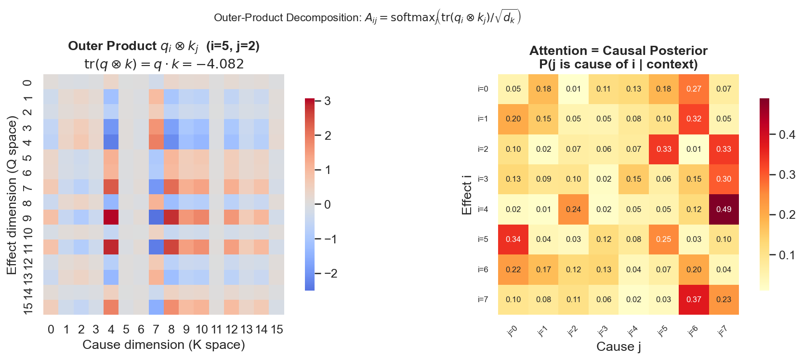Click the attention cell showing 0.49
[x=724, y=209]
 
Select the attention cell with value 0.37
[x=694, y=299]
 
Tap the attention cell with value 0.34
[x=513, y=239]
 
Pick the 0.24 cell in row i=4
[x=573, y=209]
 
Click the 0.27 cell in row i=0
[x=694, y=89]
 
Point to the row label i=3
[x=483, y=179]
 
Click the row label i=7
[x=483, y=299]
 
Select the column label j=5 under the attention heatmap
[x=663, y=331]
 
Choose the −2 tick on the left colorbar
[x=330, y=274]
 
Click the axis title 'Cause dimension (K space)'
[x=164, y=345]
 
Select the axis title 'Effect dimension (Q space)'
[x=12, y=195]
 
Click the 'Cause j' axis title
[x=619, y=347]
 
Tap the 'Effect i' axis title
[x=466, y=195]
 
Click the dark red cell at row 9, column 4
[x=111, y=217]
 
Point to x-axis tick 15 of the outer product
[x=276, y=330]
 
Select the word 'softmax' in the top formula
[x=412, y=17]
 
